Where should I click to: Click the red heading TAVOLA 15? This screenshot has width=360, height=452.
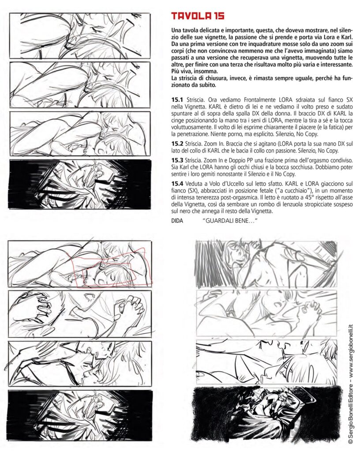[x=198, y=16]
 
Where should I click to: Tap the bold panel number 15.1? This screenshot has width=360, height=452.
[x=177, y=100]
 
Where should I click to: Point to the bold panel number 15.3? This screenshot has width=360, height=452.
[x=177, y=160]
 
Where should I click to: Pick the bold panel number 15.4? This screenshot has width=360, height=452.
[x=177, y=183]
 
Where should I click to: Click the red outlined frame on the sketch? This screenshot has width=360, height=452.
[x=112, y=267]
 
